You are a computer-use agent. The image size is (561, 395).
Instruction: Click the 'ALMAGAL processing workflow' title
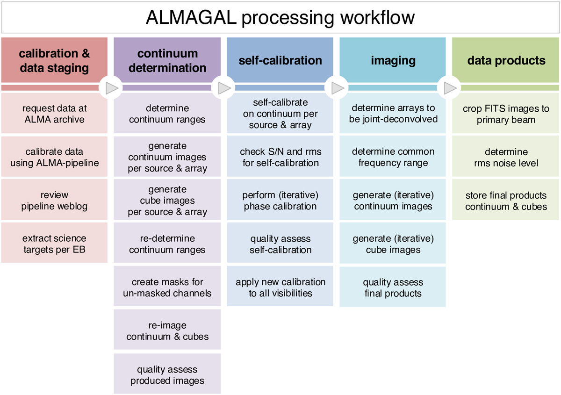[x=280, y=18]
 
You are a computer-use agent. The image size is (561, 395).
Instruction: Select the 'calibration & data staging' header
[x=54, y=60]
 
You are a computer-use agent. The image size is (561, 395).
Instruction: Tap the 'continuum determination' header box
[x=167, y=60]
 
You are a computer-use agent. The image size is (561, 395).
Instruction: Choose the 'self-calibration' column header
[x=280, y=60]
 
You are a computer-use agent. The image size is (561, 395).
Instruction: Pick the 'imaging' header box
[x=393, y=60]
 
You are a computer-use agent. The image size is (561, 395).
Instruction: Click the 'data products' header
[x=506, y=60]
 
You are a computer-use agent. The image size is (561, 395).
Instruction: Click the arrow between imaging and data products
[x=449, y=87]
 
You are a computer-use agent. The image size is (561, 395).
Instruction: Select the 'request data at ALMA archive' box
[x=54, y=114]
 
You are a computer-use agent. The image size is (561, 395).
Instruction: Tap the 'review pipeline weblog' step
[x=54, y=200]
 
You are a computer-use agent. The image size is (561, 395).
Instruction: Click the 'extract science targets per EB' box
[x=54, y=244]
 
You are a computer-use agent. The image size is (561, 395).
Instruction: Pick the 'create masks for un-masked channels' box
[x=167, y=287]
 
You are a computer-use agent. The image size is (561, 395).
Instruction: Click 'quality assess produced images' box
[x=167, y=374]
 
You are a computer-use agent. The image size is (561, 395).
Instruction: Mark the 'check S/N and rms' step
[x=280, y=157]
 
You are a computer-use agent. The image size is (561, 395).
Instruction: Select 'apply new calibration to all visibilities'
[x=280, y=287]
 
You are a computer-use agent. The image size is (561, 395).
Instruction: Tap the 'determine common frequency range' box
[x=393, y=157]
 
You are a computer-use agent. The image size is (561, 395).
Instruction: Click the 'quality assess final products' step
[x=393, y=287]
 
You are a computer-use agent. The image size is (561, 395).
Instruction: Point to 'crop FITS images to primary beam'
[x=506, y=114]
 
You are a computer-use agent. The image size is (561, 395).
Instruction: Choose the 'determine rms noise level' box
[x=506, y=157]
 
